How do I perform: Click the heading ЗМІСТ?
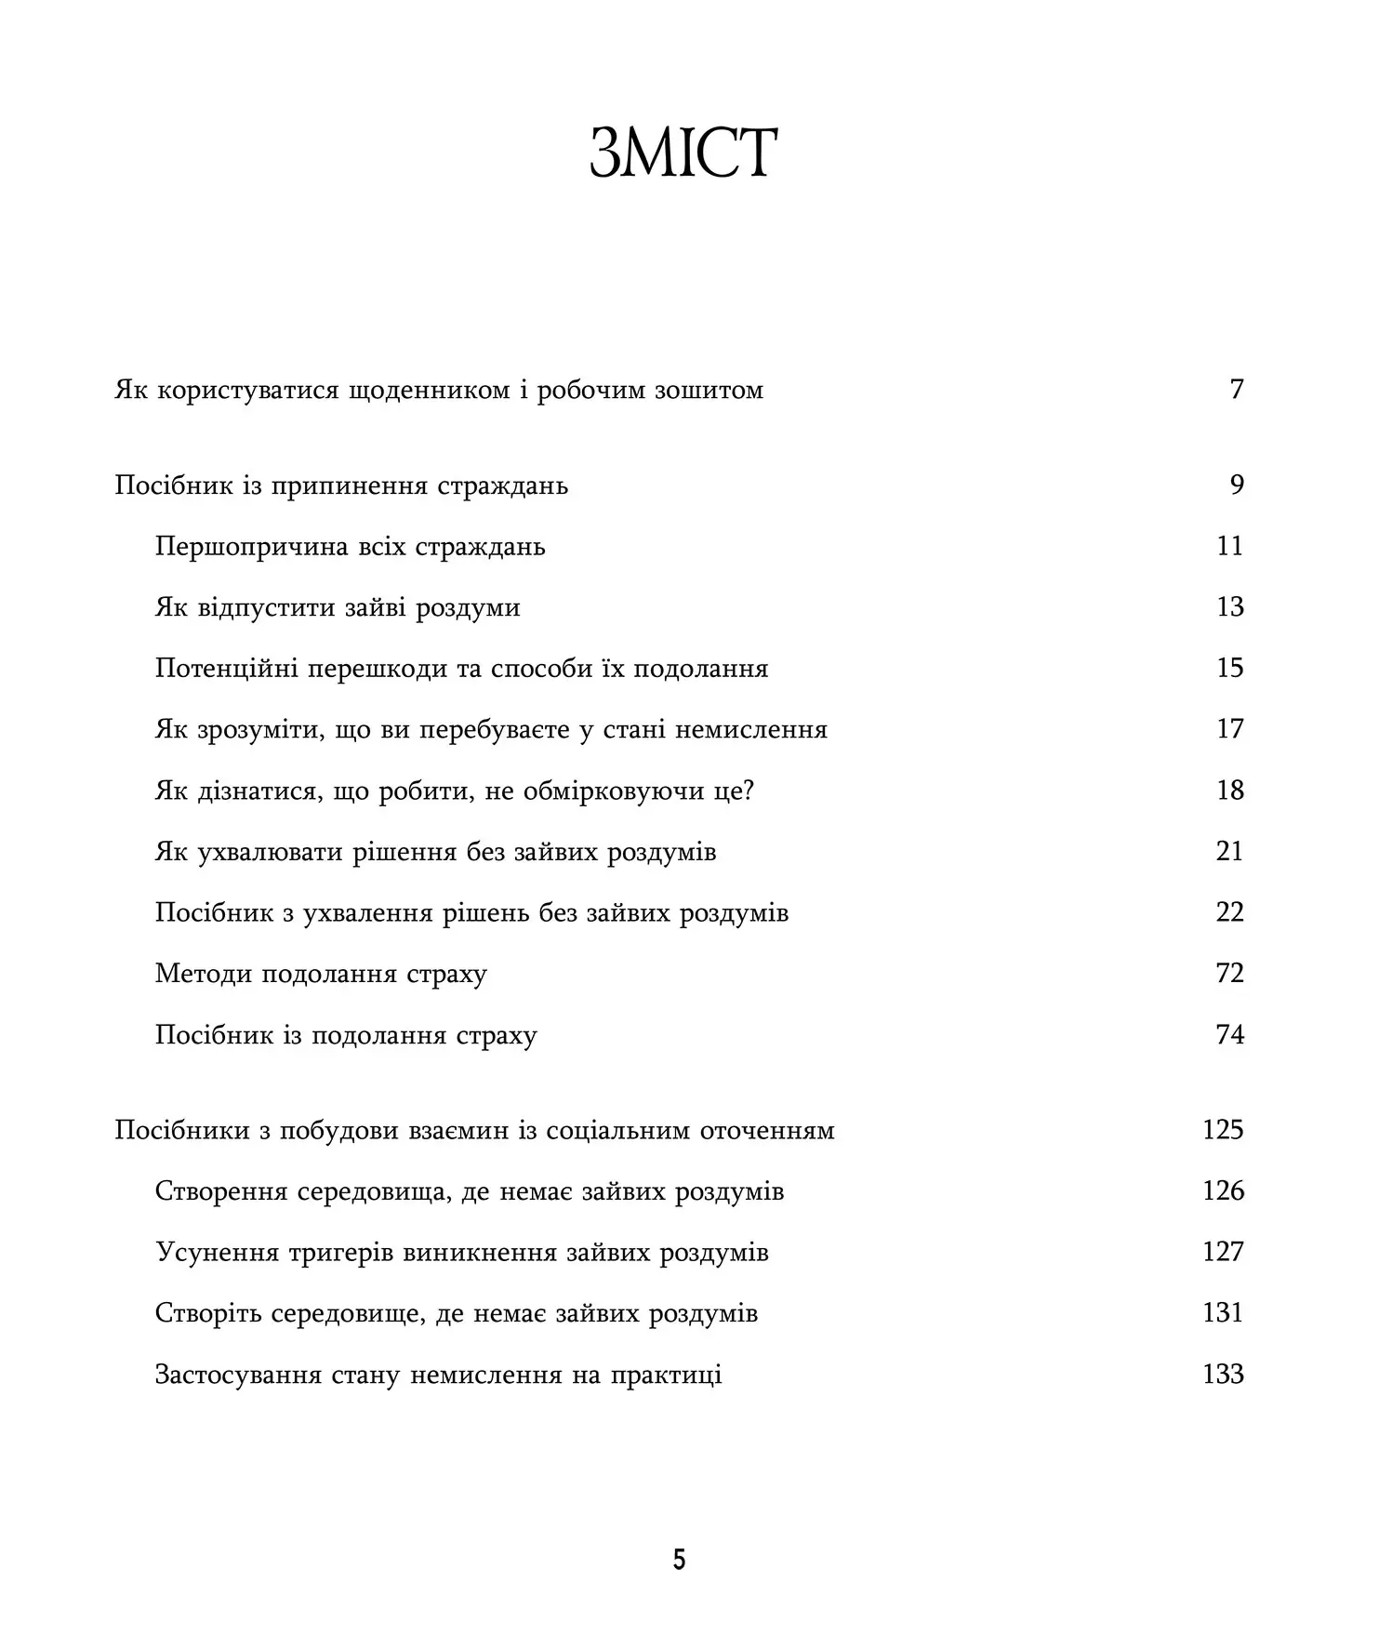pyautogui.click(x=683, y=153)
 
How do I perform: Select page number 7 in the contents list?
pyautogui.click(x=1236, y=389)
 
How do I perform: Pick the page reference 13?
pyautogui.click(x=1229, y=607)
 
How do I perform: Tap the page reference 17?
pyautogui.click(x=1229, y=729)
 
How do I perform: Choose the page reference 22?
pyautogui.click(x=1229, y=912)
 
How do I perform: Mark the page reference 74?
pyautogui.click(x=1229, y=1035)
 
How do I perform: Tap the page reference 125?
pyautogui.click(x=1223, y=1130)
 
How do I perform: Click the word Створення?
pyautogui.click(x=221, y=1191)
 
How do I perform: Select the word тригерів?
pyautogui.click(x=340, y=1254)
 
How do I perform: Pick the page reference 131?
pyautogui.click(x=1223, y=1313)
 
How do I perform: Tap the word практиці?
pyautogui.click(x=666, y=1376)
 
